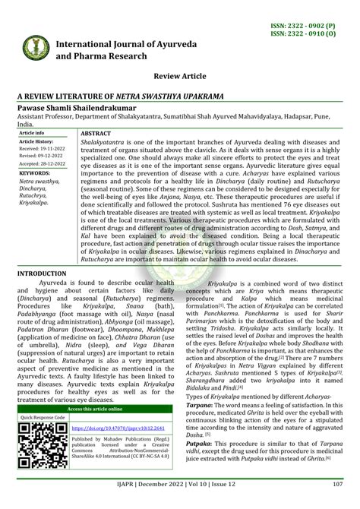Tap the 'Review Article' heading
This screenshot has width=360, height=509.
(182, 77)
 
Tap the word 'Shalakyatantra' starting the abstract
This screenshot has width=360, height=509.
(105, 141)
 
